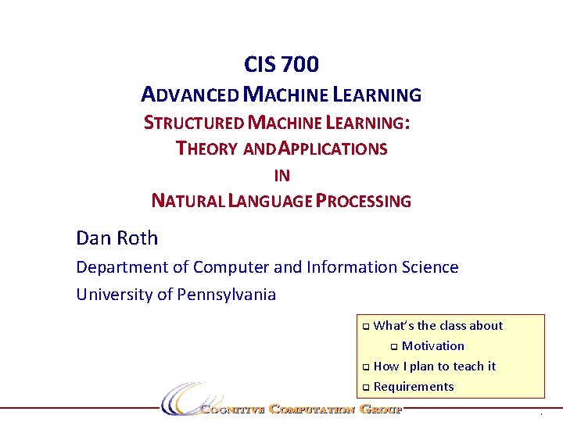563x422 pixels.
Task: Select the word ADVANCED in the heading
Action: tap(190, 95)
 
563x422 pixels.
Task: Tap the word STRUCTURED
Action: tap(193, 123)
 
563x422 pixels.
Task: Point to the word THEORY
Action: tap(207, 148)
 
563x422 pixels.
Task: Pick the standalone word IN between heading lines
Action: tap(281, 176)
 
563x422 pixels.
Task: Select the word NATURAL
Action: tap(186, 201)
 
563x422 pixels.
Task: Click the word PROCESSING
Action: tap(364, 201)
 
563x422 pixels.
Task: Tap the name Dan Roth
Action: tap(117, 238)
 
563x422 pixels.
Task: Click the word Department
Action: tap(121, 267)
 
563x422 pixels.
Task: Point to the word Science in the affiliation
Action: tap(429, 267)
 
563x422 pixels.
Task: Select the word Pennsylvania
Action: tap(228, 295)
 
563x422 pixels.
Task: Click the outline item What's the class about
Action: tap(438, 326)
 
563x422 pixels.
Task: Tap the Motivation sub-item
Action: tap(432, 346)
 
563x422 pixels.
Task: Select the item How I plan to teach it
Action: tap(435, 367)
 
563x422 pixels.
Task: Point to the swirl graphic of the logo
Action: tap(181, 399)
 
